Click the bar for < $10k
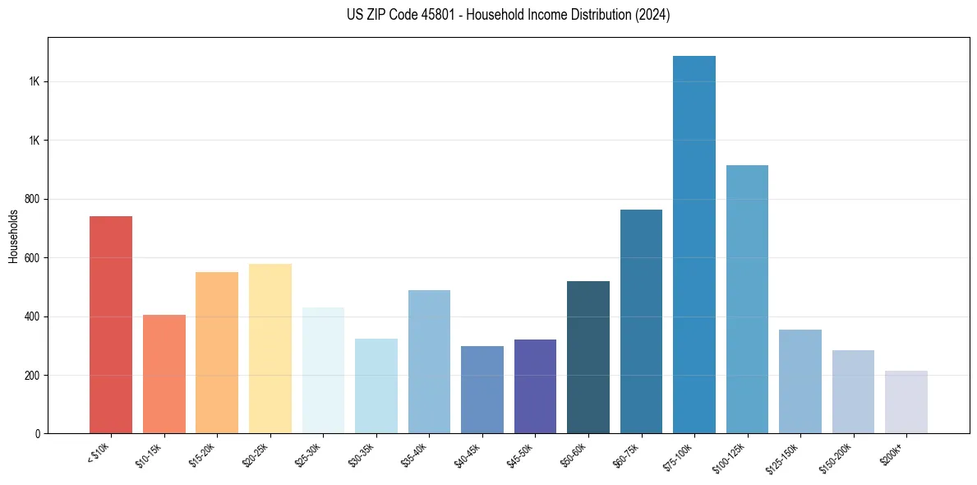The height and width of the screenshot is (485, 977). [x=111, y=325]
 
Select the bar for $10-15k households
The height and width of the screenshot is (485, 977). [x=164, y=374]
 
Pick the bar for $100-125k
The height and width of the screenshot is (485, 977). [x=747, y=299]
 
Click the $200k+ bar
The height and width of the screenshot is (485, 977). [x=906, y=402]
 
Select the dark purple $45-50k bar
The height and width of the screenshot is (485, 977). [x=535, y=386]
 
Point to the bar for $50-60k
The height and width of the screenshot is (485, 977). [x=588, y=358]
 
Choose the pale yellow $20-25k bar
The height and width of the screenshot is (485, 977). [x=270, y=349]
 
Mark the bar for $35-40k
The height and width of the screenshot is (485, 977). [x=429, y=362]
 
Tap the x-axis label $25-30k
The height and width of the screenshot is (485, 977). [x=308, y=455]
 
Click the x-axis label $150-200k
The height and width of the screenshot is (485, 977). [x=836, y=458]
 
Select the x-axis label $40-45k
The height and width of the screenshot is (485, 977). [x=468, y=455]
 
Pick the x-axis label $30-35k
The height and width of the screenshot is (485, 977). [x=362, y=455]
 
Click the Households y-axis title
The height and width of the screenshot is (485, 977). [x=13, y=236]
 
